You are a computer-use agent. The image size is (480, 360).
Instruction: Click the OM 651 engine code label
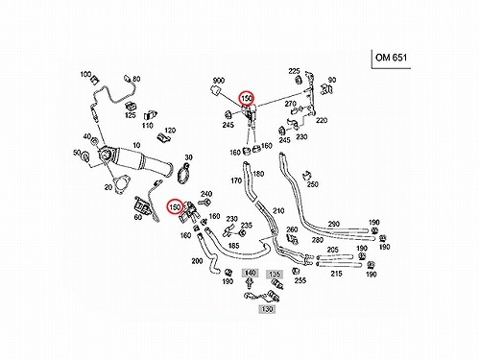click(391, 58)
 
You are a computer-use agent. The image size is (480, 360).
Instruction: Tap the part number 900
click(219, 81)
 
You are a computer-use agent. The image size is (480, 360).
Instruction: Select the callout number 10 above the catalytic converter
click(136, 145)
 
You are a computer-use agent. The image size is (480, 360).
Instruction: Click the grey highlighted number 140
click(250, 273)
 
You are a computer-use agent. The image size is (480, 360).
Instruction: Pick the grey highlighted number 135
click(275, 275)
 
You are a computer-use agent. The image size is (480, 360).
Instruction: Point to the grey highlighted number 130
click(267, 309)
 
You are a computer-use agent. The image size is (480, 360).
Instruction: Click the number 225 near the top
click(294, 71)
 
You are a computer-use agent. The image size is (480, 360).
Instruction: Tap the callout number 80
click(136, 79)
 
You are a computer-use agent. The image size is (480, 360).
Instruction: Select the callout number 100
click(85, 74)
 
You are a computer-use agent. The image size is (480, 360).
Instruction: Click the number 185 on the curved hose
click(234, 246)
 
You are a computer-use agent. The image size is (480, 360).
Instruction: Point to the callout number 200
click(197, 261)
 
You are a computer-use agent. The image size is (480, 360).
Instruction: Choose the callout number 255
click(300, 280)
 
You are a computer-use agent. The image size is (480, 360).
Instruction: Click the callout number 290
click(334, 224)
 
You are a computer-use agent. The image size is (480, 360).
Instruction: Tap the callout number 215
click(336, 274)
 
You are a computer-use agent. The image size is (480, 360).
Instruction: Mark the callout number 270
click(291, 104)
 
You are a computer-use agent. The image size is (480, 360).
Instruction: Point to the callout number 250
click(313, 184)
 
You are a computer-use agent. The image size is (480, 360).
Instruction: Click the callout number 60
click(138, 217)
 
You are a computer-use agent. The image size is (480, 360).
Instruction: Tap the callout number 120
click(170, 131)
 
